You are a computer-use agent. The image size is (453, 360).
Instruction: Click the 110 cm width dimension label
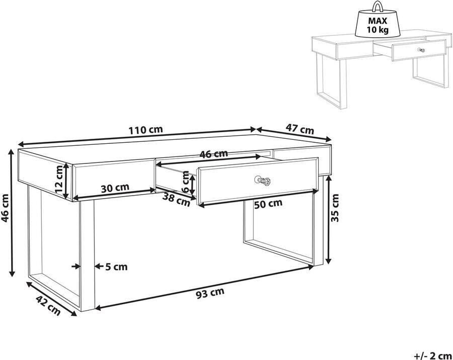point(145,130)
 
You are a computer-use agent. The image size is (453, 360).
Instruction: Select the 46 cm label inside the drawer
point(214,154)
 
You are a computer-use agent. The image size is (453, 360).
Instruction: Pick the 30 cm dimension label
point(115,188)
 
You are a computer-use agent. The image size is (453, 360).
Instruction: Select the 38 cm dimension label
point(176,200)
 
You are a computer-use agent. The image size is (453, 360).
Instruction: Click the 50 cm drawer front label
point(268,204)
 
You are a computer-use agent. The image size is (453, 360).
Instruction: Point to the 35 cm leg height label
point(335,208)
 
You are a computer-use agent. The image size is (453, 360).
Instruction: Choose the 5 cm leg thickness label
point(116,267)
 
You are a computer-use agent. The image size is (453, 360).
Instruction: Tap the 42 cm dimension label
point(48,306)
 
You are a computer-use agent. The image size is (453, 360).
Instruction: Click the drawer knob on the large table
point(262,181)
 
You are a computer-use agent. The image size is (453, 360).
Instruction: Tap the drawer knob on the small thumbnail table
point(422,50)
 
